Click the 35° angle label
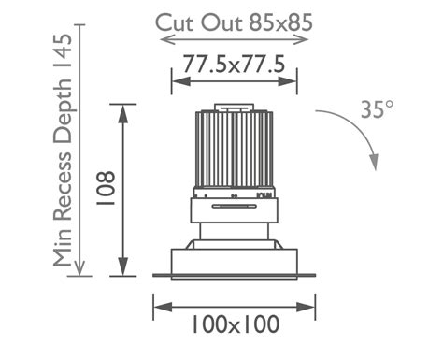coord(377,109)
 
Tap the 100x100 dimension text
coord(235,324)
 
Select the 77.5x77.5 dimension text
coord(234,64)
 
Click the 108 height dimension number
coord(106,188)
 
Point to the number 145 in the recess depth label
coord(63,50)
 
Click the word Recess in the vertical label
coord(63,186)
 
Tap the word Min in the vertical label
coord(63,247)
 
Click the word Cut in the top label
coord(175,22)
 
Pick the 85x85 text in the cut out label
coord(280,22)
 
